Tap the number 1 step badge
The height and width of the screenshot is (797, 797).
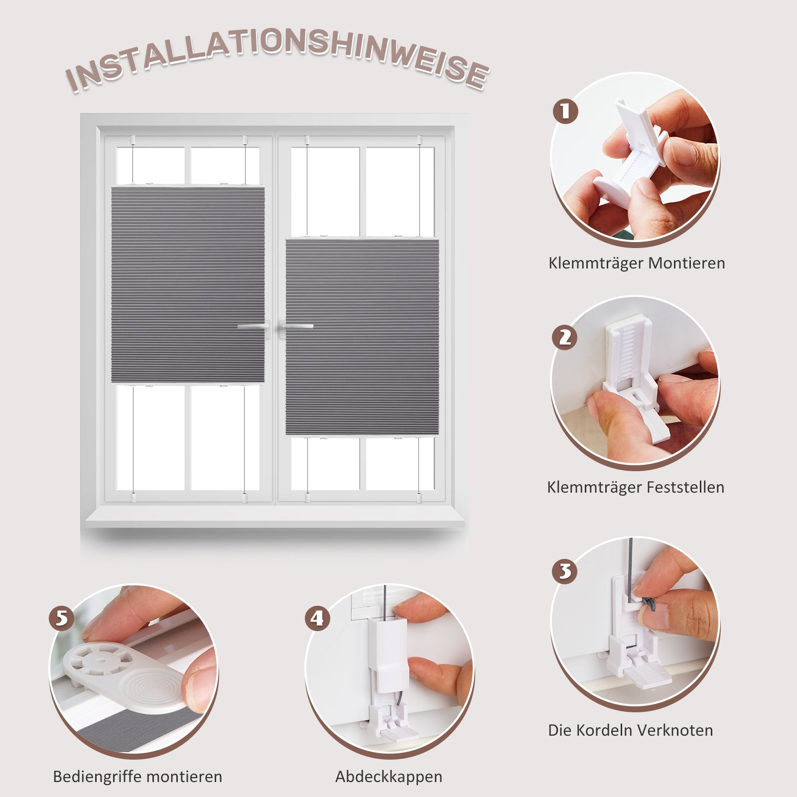pos(565,111)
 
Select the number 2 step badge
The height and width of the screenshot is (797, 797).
pos(565,337)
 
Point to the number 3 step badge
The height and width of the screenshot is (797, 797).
pos(565,571)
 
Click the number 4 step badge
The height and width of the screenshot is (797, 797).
pos(318,618)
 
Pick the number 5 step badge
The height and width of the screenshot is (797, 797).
pos(61,618)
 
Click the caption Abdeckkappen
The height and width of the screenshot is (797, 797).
pos(389,777)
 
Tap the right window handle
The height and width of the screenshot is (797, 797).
pos(297,327)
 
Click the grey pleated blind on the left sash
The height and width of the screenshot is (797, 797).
pos(188,285)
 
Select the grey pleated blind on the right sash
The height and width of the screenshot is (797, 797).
pos(362,337)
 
